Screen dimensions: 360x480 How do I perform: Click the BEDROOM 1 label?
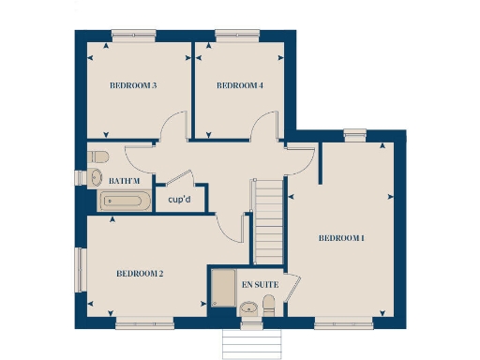(x=341, y=238)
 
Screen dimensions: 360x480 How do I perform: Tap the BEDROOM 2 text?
(x=140, y=274)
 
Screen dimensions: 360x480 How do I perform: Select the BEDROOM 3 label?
(x=132, y=86)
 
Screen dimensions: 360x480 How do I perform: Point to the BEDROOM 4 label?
(x=239, y=86)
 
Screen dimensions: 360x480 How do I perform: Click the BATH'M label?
(x=125, y=180)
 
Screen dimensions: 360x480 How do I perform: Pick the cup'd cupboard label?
(x=180, y=199)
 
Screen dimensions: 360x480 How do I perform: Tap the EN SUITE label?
(x=260, y=283)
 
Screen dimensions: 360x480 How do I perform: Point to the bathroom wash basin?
(x=96, y=178)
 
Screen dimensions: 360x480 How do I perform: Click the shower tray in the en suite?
(x=223, y=288)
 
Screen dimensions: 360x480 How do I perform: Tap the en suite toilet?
(x=269, y=304)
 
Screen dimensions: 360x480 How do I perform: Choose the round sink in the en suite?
(x=248, y=308)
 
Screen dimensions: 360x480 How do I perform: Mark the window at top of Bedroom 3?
(x=132, y=37)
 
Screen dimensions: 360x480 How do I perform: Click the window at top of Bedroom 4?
(x=230, y=37)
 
